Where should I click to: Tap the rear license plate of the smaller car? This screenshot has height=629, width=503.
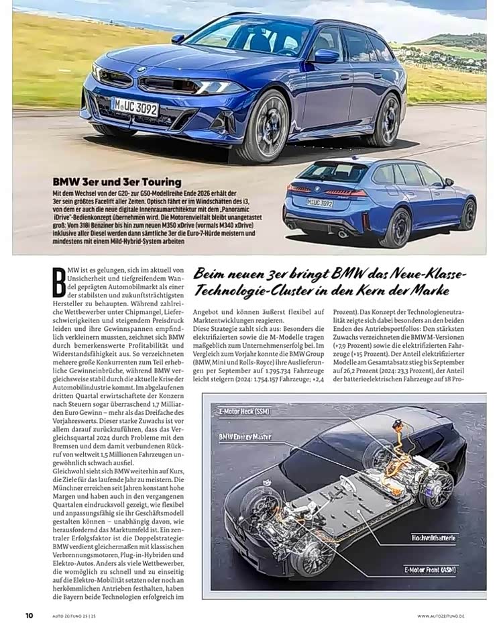[320, 202]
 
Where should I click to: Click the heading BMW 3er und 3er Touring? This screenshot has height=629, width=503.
[117, 182]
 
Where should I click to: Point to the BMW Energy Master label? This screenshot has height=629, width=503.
[245, 436]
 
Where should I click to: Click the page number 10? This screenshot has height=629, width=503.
[30, 615]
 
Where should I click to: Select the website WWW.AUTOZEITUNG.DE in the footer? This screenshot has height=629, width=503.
[450, 616]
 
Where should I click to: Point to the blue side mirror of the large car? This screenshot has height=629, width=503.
[326, 56]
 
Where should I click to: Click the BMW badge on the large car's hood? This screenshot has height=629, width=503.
[142, 69]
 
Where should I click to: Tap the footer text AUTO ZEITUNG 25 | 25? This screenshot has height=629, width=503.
[76, 616]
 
